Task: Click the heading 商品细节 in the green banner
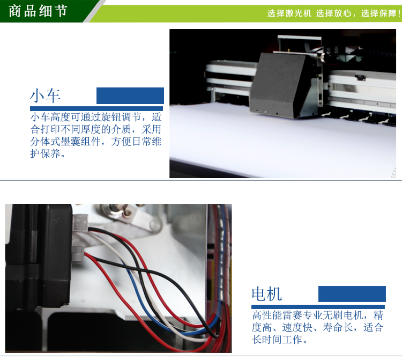[x=38, y=11]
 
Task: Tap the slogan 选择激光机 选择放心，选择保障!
[x=333, y=13]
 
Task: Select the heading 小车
[x=45, y=95]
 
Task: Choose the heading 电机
[x=266, y=294]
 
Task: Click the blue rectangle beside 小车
[x=130, y=95]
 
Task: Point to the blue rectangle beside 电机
[x=352, y=294]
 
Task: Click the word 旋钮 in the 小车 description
[x=110, y=117]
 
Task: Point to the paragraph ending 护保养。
[x=95, y=135]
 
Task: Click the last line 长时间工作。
[x=279, y=340]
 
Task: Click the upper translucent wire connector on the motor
[x=81, y=223]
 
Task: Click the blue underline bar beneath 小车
[x=96, y=108]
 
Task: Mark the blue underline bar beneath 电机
[x=318, y=307]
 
